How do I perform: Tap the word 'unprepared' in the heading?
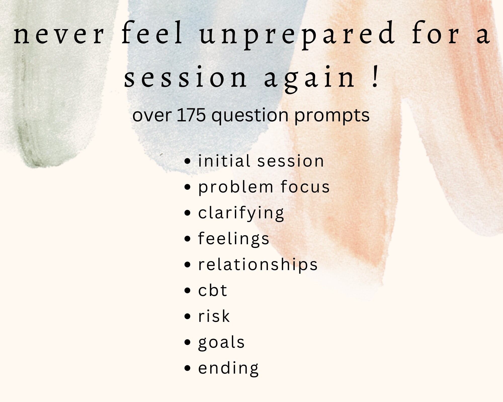point(297,35)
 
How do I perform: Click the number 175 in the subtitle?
point(191,115)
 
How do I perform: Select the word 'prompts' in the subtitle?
point(332,116)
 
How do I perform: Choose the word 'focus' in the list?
point(305,187)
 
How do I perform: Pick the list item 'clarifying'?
point(241,213)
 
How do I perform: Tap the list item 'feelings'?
point(233,239)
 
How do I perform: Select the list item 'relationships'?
point(258,265)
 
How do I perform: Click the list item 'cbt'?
point(213,290)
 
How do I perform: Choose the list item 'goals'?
point(221,342)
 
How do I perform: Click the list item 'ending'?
point(228,368)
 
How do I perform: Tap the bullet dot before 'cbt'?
point(187,291)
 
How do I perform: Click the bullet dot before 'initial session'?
point(187,161)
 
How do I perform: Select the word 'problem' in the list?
point(236,187)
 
